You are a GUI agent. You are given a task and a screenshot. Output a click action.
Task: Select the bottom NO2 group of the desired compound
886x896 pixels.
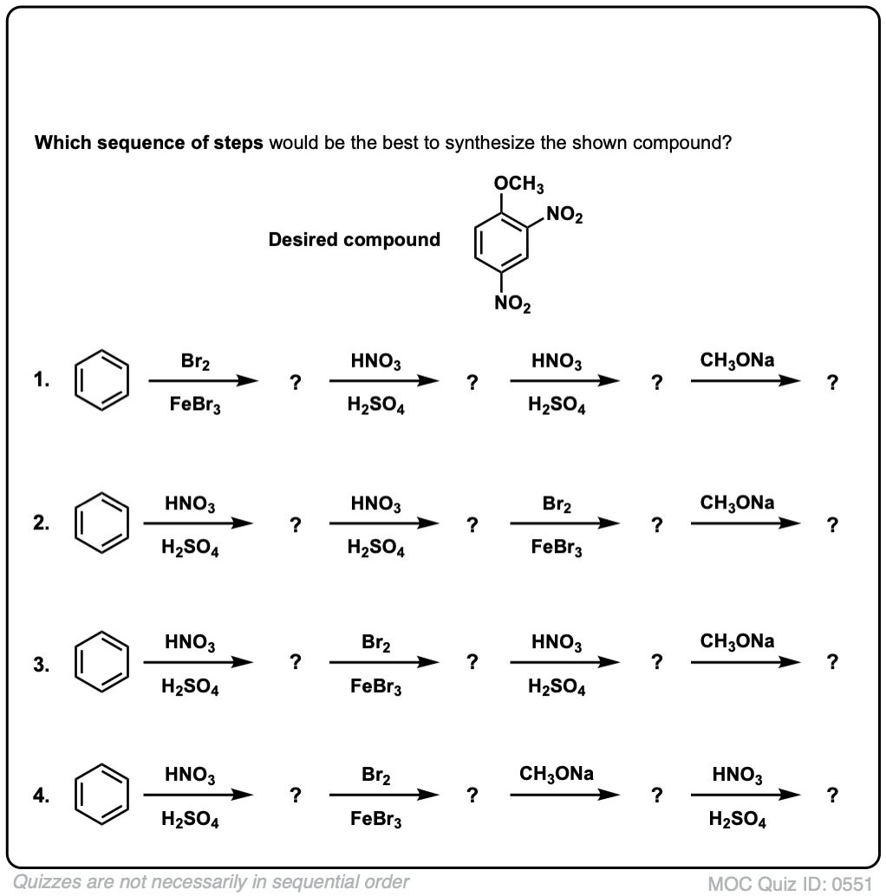click(x=513, y=303)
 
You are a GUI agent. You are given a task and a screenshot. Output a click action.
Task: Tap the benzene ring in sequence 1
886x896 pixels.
click(x=102, y=380)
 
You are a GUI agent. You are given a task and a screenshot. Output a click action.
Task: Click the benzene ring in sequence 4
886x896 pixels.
click(x=102, y=794)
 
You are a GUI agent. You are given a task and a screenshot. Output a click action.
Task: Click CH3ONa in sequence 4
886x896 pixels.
click(x=557, y=774)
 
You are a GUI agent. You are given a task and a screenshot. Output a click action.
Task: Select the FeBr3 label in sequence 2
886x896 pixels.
click(x=557, y=550)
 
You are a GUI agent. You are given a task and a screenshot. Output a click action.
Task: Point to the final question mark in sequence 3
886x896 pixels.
click(x=833, y=664)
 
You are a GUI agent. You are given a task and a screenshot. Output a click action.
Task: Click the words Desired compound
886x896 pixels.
click(x=355, y=240)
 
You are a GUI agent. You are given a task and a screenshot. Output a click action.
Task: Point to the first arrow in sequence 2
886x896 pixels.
click(x=199, y=523)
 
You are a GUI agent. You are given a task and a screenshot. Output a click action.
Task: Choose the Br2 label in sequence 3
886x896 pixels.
click(x=376, y=645)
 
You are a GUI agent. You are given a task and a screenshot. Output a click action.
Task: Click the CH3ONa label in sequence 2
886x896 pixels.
click(x=739, y=503)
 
